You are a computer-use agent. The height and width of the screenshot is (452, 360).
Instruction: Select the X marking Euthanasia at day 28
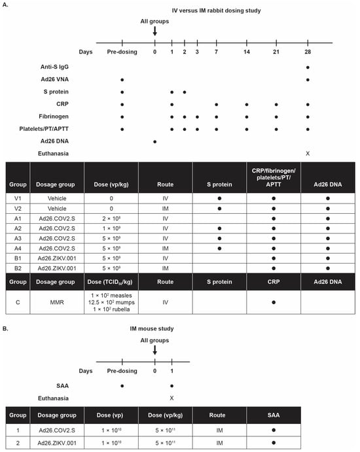[x=308, y=153]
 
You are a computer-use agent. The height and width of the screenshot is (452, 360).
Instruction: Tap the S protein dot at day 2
[x=185, y=92]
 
